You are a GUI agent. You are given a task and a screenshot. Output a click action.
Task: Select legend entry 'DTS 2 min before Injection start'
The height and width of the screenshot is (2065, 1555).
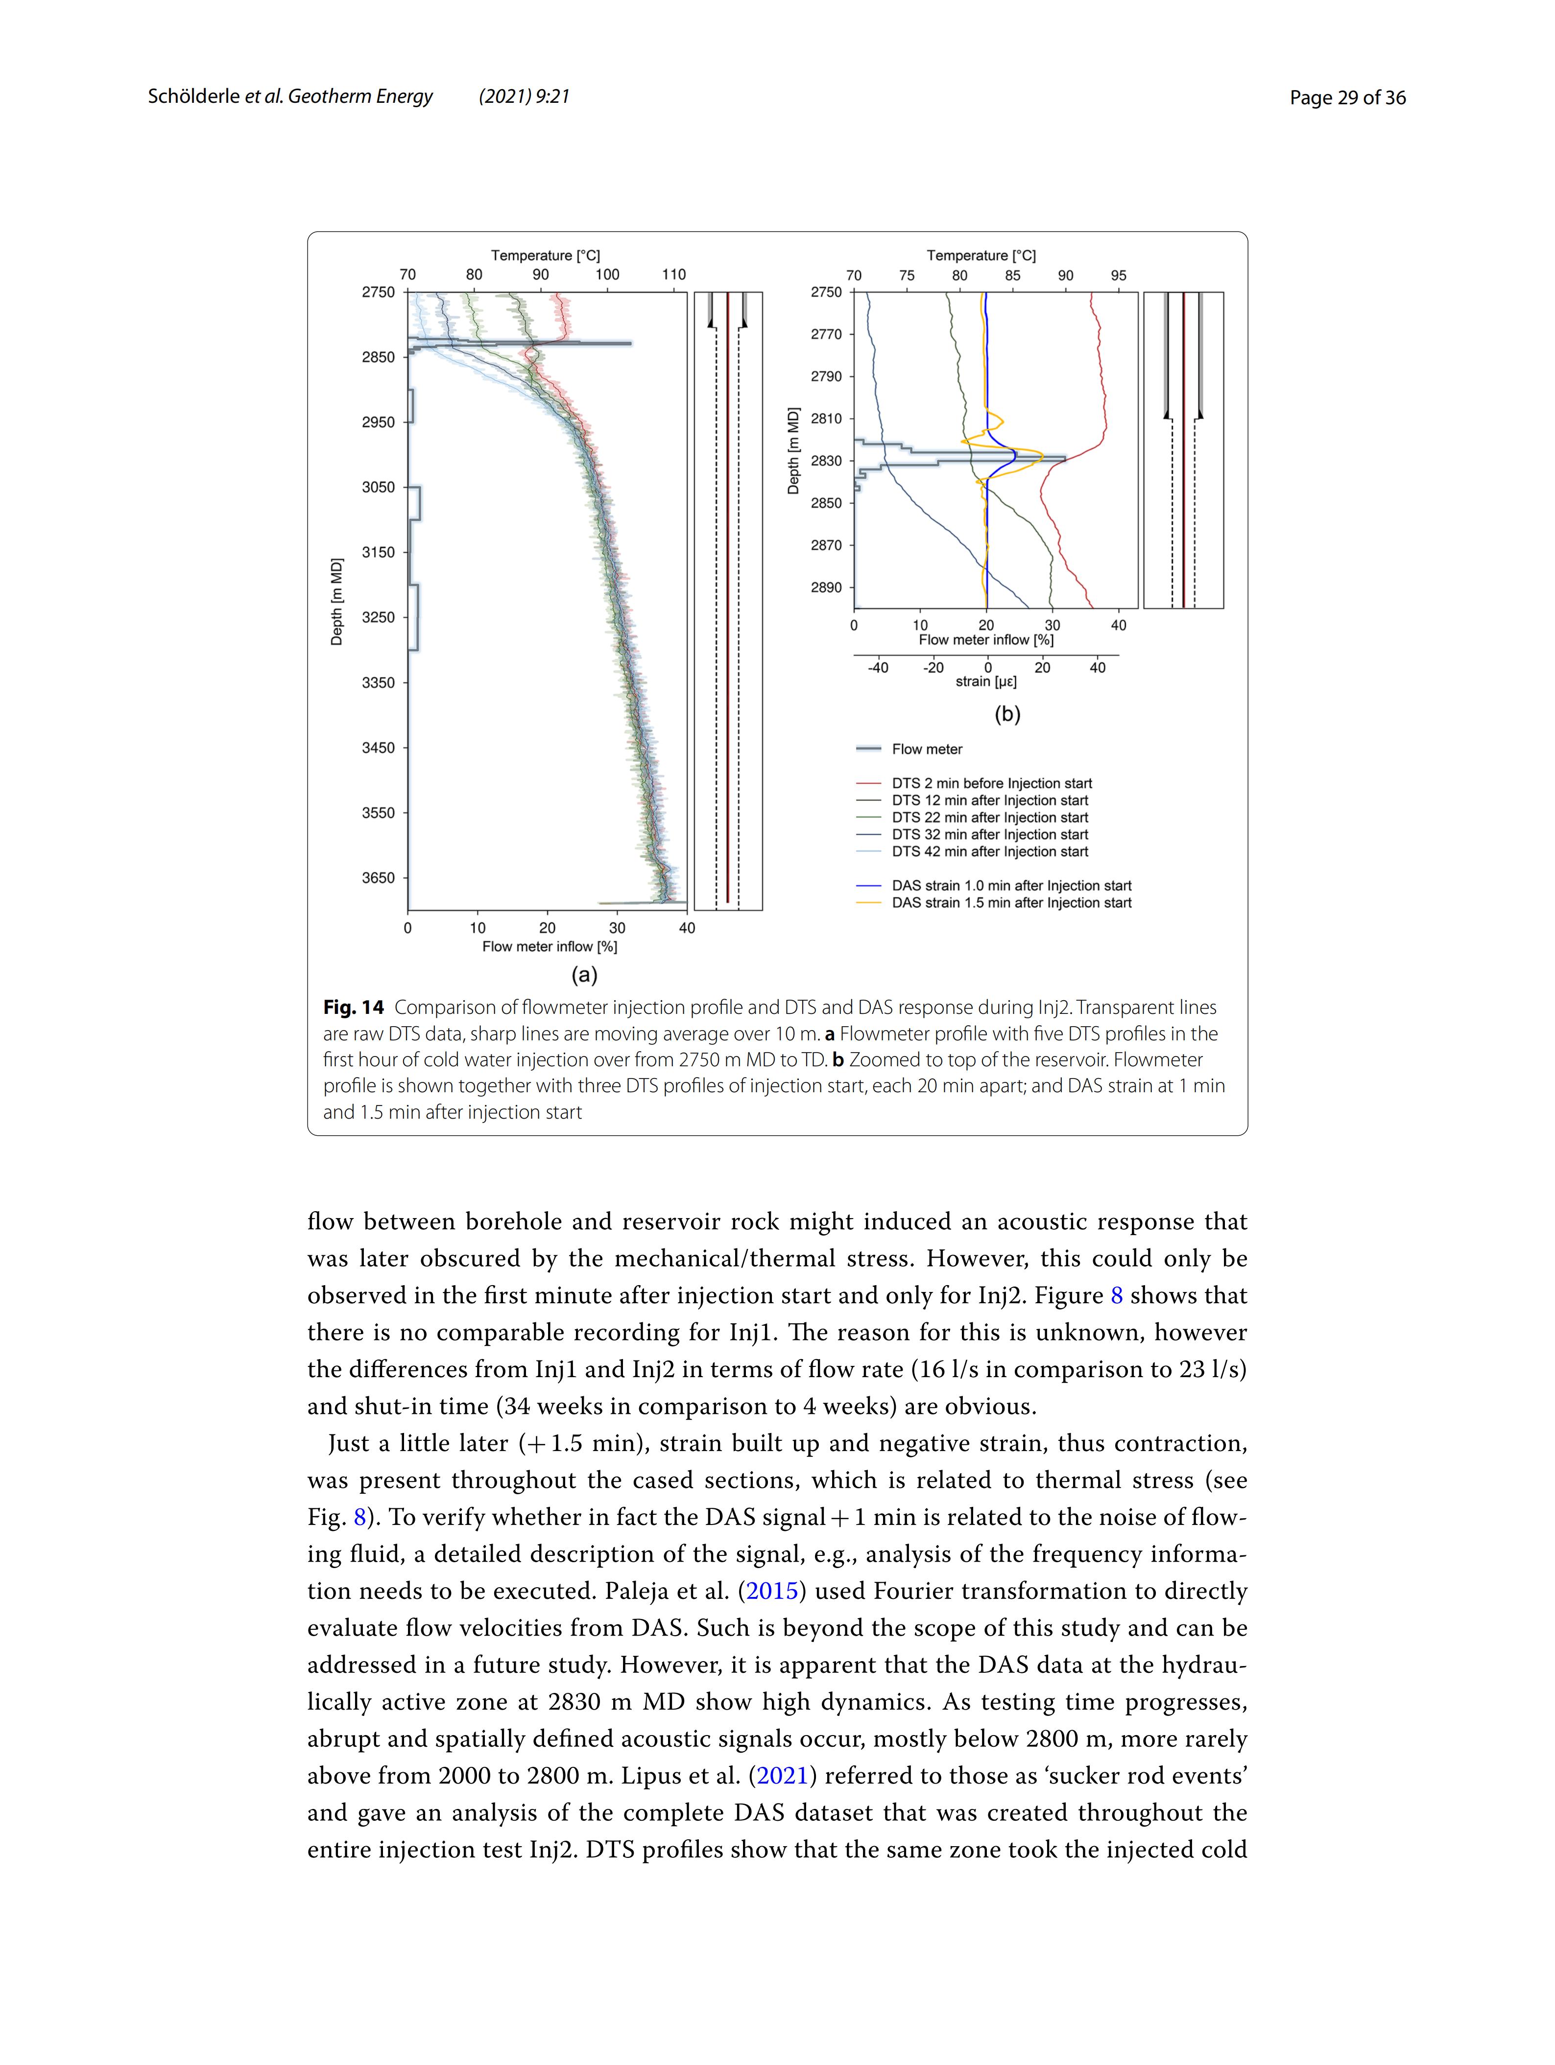click(991, 783)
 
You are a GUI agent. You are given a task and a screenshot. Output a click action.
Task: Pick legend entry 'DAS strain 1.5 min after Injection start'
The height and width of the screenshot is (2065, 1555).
click(1010, 903)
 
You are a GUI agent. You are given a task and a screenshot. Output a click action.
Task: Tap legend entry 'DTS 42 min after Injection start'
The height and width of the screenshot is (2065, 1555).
click(989, 851)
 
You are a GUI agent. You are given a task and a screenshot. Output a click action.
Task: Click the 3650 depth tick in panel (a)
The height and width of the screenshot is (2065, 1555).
click(378, 877)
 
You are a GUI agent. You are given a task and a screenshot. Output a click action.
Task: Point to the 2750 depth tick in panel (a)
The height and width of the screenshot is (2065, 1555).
click(378, 292)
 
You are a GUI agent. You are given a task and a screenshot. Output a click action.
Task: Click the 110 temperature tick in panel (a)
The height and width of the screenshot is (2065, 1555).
click(673, 275)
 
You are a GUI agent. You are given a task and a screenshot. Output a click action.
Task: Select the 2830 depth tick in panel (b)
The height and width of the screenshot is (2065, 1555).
click(826, 461)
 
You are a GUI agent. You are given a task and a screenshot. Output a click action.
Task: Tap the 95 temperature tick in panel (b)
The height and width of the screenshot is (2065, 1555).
click(1118, 276)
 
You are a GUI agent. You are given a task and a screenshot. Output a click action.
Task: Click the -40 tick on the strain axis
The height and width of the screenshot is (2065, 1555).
click(877, 667)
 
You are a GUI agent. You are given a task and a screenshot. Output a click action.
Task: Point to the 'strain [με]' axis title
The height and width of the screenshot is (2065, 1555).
click(985, 681)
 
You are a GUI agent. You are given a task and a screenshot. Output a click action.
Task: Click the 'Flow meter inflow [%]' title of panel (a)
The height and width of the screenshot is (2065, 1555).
click(549, 947)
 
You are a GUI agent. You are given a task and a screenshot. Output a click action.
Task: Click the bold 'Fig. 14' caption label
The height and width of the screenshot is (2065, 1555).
click(353, 1008)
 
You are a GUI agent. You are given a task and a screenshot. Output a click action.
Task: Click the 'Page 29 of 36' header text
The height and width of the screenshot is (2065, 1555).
click(1347, 97)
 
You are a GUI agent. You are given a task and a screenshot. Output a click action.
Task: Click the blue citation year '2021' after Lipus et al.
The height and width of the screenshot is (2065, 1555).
click(782, 1776)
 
